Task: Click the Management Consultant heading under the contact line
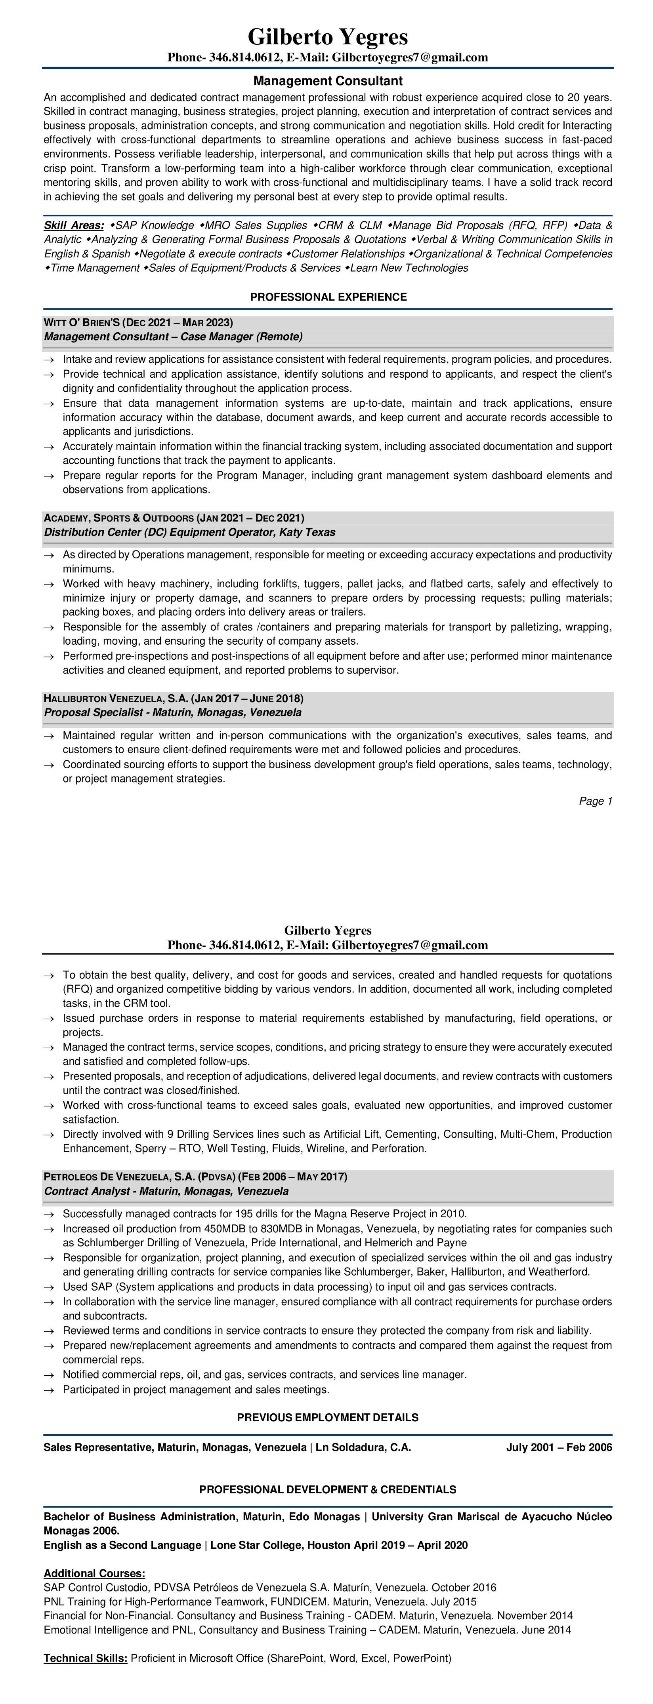[x=328, y=81]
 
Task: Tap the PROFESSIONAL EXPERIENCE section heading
[x=328, y=297]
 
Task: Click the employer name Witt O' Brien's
[x=82, y=323]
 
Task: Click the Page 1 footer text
[x=596, y=802]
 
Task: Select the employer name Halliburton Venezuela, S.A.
[x=115, y=699]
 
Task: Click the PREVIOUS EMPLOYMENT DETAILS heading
[x=328, y=1418]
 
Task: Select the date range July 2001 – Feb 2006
[x=559, y=1447]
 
